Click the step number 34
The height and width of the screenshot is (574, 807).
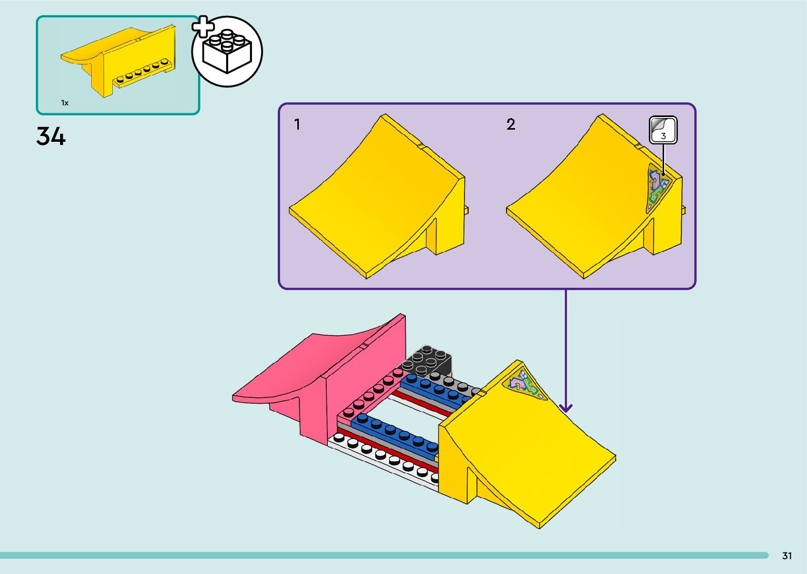click(x=51, y=137)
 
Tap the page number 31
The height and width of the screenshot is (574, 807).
click(x=787, y=556)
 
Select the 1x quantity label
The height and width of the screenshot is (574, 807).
click(x=65, y=103)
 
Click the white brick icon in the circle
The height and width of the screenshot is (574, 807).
click(x=228, y=52)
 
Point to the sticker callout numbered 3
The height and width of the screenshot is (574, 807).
click(x=663, y=130)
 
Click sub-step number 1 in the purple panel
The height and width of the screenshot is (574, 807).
click(x=297, y=124)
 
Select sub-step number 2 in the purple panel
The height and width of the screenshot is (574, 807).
click(x=510, y=124)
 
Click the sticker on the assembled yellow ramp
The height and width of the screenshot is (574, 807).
click(x=524, y=385)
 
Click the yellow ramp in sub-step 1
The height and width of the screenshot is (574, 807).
click(x=380, y=200)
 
